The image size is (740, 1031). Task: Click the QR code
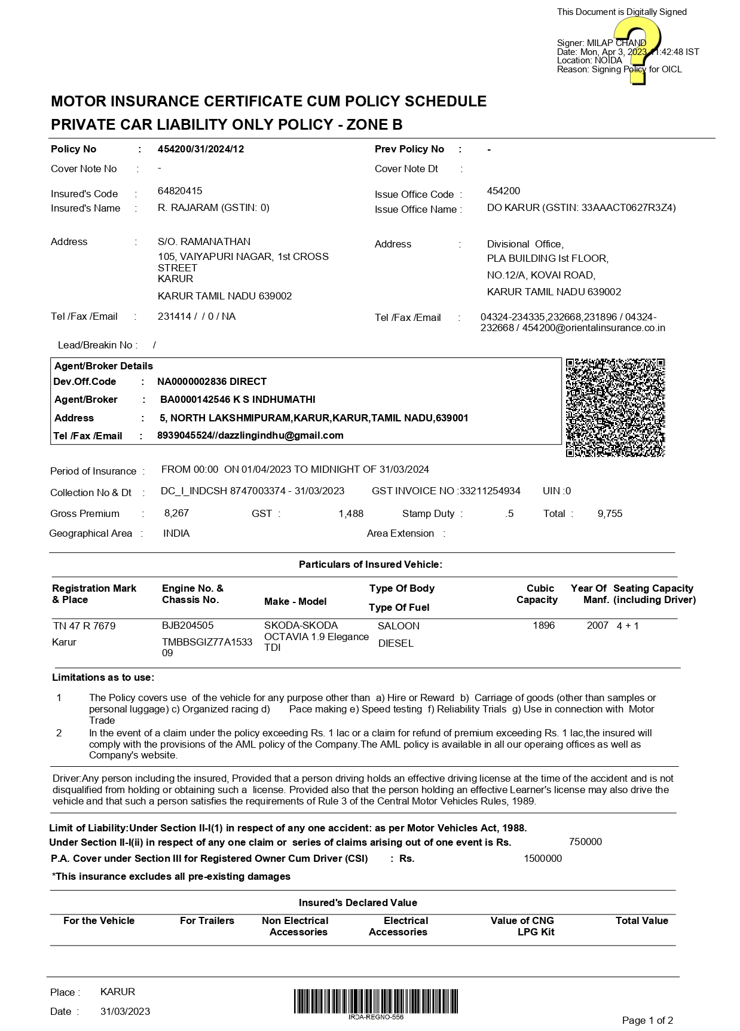pos(615,408)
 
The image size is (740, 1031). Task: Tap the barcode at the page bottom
pos(376,1001)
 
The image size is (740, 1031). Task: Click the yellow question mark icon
pos(637,50)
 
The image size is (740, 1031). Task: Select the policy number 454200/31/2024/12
pos(201,149)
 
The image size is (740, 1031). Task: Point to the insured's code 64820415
pos(180,191)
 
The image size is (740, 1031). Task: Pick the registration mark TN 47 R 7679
pos(84,626)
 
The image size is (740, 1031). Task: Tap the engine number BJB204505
pos(188,626)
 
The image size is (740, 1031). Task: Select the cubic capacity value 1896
pos(543,626)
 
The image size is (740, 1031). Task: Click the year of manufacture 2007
pos(597,626)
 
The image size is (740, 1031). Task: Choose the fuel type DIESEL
pos(396,644)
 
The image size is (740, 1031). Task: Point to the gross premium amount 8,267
pos(176,513)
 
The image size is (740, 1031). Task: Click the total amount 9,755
pos(610,514)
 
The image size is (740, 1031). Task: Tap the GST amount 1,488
pos(351,514)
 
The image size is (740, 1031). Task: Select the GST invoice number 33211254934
pos(490,491)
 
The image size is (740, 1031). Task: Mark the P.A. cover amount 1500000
pos(543,859)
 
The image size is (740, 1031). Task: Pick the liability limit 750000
pos(585,842)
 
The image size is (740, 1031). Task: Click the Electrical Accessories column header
pos(399,926)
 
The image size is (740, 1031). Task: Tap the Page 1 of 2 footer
pos(647,1020)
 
